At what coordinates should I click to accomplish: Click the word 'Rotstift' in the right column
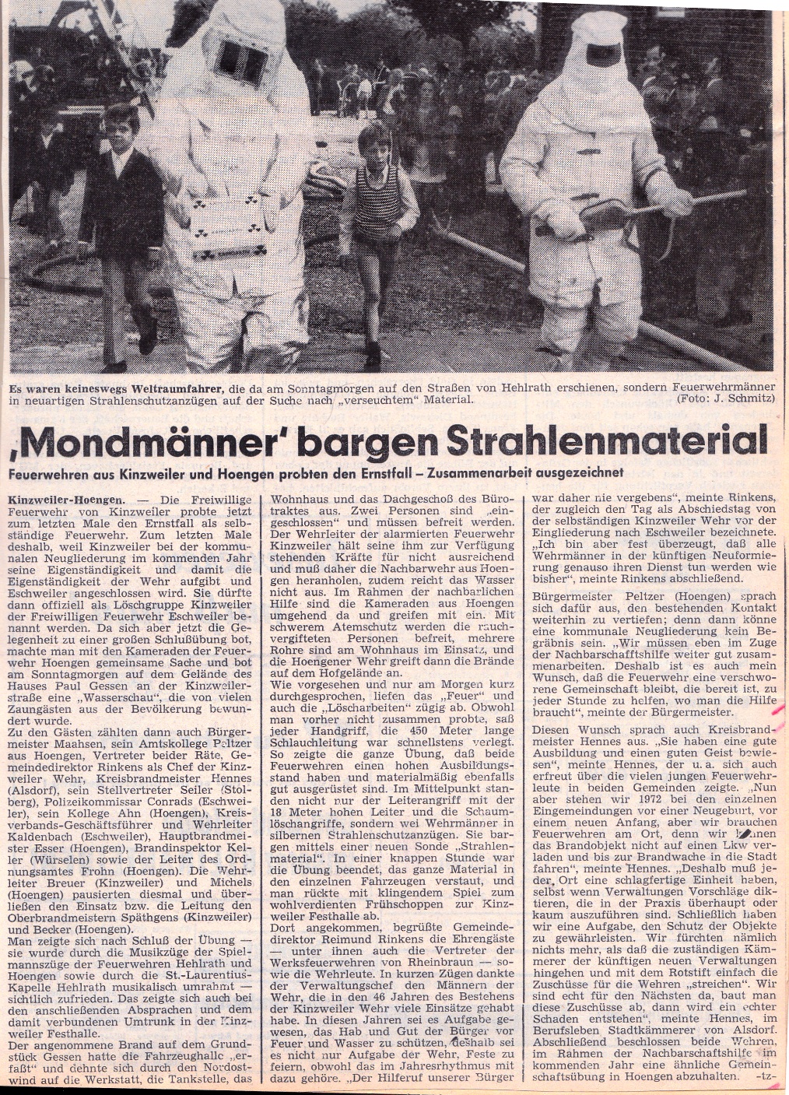click(x=689, y=972)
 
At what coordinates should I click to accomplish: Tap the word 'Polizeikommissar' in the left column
click(x=120, y=801)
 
